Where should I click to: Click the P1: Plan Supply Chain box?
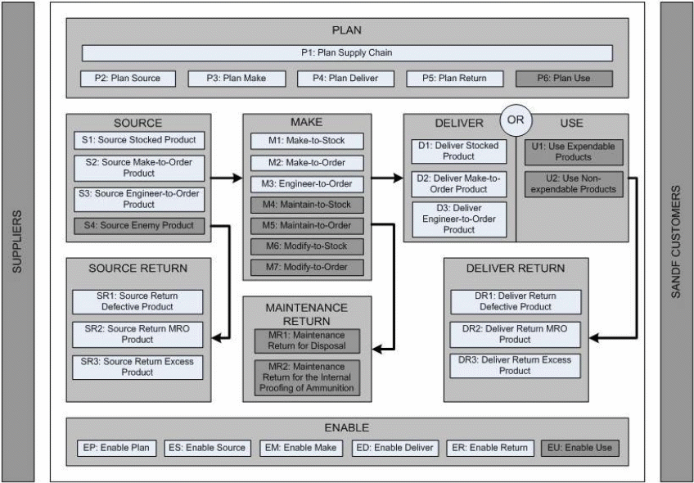click(347, 53)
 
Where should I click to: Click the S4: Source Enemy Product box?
click(137, 225)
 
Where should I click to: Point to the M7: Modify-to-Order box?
click(307, 268)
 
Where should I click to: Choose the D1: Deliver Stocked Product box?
click(459, 151)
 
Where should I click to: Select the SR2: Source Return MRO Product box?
click(137, 333)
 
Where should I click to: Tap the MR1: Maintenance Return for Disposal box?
click(307, 341)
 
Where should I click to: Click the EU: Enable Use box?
click(579, 448)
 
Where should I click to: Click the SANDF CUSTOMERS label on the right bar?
click(676, 242)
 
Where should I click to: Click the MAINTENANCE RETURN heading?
click(307, 314)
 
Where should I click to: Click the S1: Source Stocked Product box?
click(137, 140)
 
